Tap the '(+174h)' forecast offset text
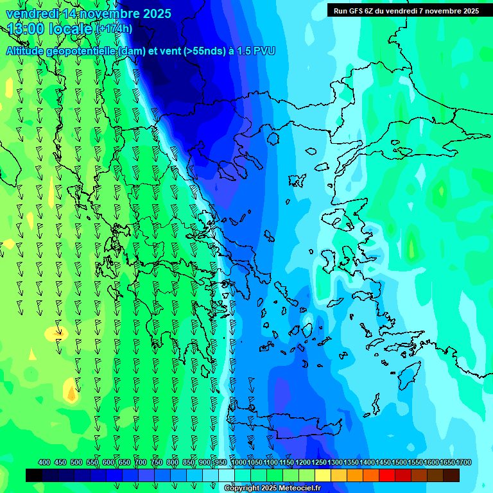114,29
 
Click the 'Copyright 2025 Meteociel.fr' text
272,489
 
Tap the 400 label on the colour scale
44,463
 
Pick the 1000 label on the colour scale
239,463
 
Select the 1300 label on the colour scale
335,463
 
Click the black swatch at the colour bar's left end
34,475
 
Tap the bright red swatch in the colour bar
387,475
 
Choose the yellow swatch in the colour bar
323,475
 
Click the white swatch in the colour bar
227,475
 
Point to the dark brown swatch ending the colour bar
451,475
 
